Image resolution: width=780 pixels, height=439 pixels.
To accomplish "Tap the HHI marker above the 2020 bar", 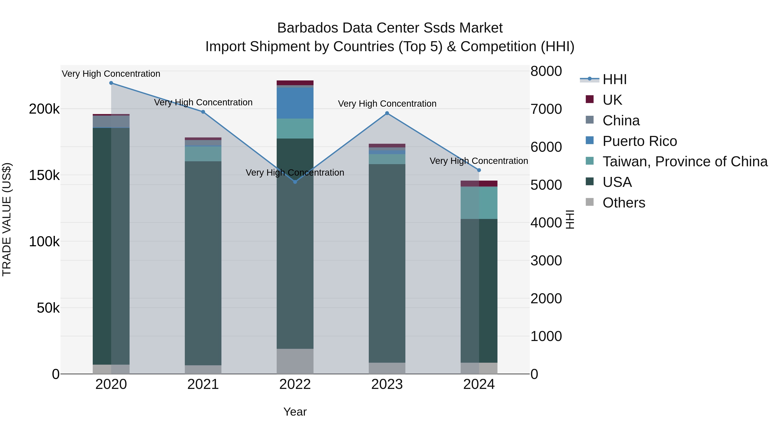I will tap(111, 83).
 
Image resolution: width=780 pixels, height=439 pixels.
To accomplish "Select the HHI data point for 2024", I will tap(479, 170).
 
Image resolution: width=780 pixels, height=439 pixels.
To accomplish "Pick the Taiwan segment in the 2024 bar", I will tap(479, 203).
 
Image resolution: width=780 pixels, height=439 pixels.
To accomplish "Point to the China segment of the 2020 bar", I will tap(111, 121).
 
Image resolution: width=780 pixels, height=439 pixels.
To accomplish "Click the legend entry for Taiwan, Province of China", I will tap(685, 162).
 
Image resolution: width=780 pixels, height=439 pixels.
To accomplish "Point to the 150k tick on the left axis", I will tap(44, 175).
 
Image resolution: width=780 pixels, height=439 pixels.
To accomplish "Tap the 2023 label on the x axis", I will tap(387, 384).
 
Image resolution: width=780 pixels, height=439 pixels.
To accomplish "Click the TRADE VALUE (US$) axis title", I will tap(7, 219).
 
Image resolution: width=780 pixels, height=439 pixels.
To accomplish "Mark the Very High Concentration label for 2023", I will tap(387, 104).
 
